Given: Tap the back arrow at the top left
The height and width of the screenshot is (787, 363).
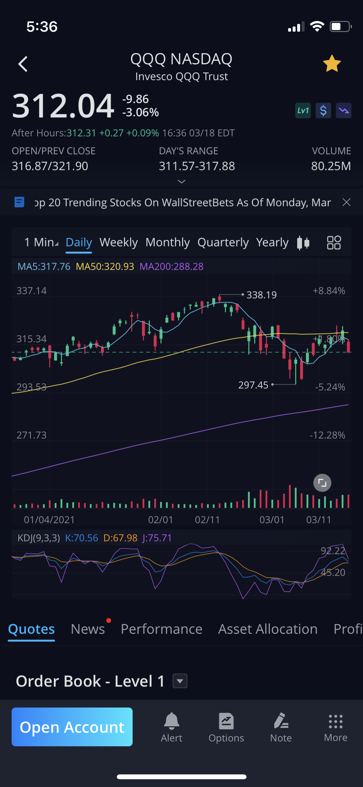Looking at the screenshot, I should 23,64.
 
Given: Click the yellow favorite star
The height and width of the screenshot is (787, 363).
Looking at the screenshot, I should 332,64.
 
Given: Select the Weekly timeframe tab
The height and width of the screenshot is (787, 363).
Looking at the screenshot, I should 118,242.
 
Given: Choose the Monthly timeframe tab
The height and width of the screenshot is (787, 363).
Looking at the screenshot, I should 167,242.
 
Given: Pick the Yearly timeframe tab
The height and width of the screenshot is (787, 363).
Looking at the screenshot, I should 272,242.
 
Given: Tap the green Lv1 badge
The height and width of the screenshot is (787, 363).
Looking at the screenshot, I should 303,111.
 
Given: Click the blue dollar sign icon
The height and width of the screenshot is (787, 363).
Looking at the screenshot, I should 323,111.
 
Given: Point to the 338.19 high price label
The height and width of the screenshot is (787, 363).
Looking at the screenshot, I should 261,295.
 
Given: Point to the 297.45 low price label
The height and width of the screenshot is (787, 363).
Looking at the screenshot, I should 253,385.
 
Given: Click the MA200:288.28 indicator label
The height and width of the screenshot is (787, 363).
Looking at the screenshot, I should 171,267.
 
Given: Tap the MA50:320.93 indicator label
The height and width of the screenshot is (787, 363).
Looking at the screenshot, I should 105,267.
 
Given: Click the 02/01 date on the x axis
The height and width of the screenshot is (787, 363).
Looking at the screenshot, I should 160,520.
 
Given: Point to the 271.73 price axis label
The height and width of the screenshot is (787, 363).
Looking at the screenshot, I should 32,435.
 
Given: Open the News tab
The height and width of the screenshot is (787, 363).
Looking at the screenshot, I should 88,629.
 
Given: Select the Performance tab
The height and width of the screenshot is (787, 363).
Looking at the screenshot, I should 161,629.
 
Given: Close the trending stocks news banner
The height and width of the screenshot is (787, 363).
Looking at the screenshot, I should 347,202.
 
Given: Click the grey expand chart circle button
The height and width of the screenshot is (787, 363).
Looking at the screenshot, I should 322,483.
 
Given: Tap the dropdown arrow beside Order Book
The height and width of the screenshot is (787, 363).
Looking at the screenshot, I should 180,681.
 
